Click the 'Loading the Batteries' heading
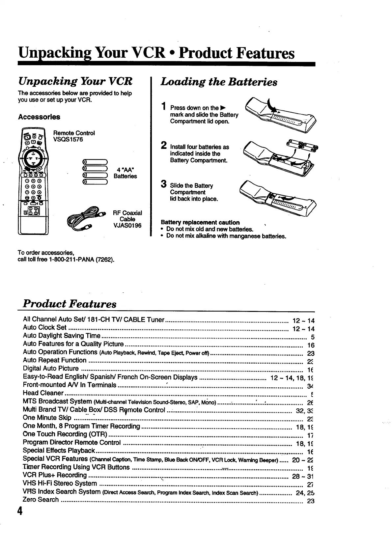219,82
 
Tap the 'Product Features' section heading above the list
70,303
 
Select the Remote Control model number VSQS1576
68,139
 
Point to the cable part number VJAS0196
127,226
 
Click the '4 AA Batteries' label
125,173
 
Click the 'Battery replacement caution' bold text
200,222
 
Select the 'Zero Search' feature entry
41,500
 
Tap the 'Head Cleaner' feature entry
43,393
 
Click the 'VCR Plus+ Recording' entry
55,475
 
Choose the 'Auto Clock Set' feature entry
45,327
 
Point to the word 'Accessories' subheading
39,117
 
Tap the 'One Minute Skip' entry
47,418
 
